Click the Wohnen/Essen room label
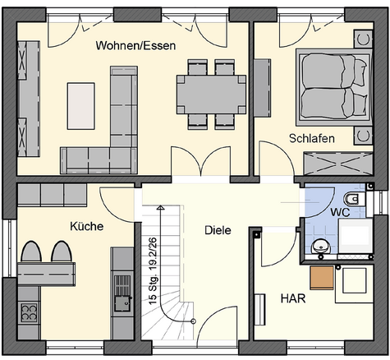(135, 45)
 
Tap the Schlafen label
(312, 138)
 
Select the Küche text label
(87, 226)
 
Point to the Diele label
(218, 230)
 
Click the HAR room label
(293, 298)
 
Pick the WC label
(340, 212)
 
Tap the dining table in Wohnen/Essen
(211, 95)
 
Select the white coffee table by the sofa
(81, 106)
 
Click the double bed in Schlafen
(334, 87)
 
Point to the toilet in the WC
(353, 199)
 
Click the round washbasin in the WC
(321, 247)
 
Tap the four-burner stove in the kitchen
(29, 312)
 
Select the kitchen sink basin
(122, 303)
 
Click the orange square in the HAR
(322, 278)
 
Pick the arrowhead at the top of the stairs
(160, 207)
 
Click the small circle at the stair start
(193, 321)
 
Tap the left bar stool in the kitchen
(31, 252)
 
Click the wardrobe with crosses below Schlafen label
(338, 164)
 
